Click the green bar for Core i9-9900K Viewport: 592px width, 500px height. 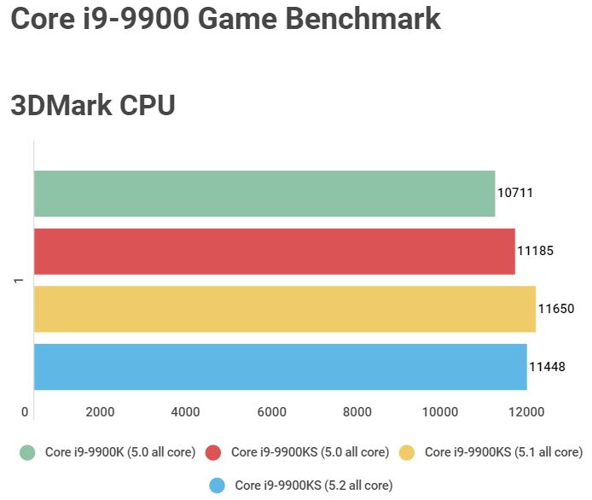pyautogui.click(x=264, y=193)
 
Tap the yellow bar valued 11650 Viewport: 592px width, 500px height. pyautogui.click(x=285, y=309)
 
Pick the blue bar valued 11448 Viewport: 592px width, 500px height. pyautogui.click(x=281, y=367)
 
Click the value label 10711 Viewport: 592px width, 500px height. pyautogui.click(x=515, y=193)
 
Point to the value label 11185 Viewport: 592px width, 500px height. pyautogui.click(x=535, y=251)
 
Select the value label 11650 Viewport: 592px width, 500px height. pyautogui.click(x=555, y=309)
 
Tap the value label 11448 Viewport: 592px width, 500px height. pyautogui.click(x=547, y=367)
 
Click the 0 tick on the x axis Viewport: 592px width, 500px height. pyautogui.click(x=25, y=412)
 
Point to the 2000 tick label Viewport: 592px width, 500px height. pyautogui.click(x=101, y=412)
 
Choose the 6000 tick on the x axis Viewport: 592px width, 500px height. pyautogui.click(x=271, y=412)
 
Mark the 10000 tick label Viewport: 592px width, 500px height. pyautogui.click(x=441, y=412)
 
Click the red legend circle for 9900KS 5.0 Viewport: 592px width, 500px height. pyautogui.click(x=214, y=452)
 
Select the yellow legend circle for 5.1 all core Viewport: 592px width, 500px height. pyautogui.click(x=408, y=452)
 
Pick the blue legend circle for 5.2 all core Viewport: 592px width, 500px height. pyautogui.click(x=218, y=485)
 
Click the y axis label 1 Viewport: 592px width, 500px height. pyautogui.click(x=17, y=281)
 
